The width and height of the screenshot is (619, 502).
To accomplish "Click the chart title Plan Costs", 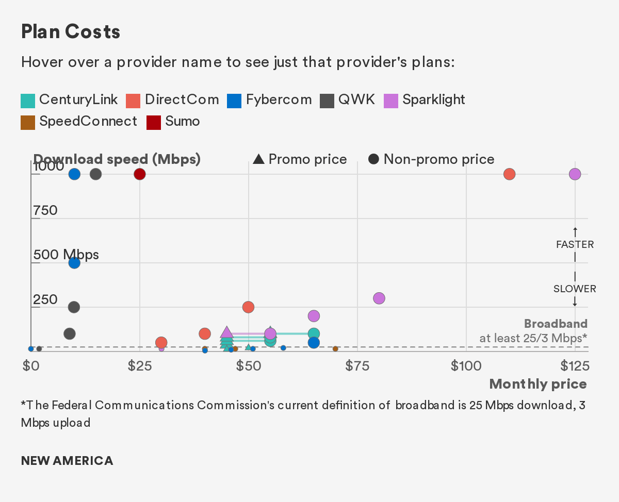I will coord(71,32).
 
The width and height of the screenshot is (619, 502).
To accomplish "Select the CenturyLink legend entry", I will coord(69,99).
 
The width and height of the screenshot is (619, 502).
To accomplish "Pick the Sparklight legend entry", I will coord(425,99).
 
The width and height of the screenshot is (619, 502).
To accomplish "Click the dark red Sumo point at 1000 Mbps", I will coord(140,174).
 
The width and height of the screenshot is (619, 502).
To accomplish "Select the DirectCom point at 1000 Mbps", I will coord(510,174).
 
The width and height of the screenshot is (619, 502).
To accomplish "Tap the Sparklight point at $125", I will coord(575,174).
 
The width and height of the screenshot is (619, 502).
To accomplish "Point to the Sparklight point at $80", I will coord(379,298).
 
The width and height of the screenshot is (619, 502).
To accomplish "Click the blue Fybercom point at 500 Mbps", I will coord(74,263).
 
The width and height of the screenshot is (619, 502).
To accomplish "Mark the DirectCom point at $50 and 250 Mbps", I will coord(248,307).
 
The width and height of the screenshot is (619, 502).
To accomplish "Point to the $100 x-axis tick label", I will coord(466,366).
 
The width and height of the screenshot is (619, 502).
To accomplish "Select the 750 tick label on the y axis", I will coord(45,210).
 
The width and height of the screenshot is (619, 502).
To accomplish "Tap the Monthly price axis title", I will coord(538,384).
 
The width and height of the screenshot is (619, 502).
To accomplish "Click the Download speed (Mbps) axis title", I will coord(117,159).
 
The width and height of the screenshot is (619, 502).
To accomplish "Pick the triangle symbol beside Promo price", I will coord(259,160).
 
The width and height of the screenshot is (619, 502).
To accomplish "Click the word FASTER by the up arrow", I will coord(575,244).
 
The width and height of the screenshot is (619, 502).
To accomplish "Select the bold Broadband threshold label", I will coord(556,324).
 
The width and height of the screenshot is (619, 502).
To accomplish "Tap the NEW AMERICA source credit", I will coord(67,461).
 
